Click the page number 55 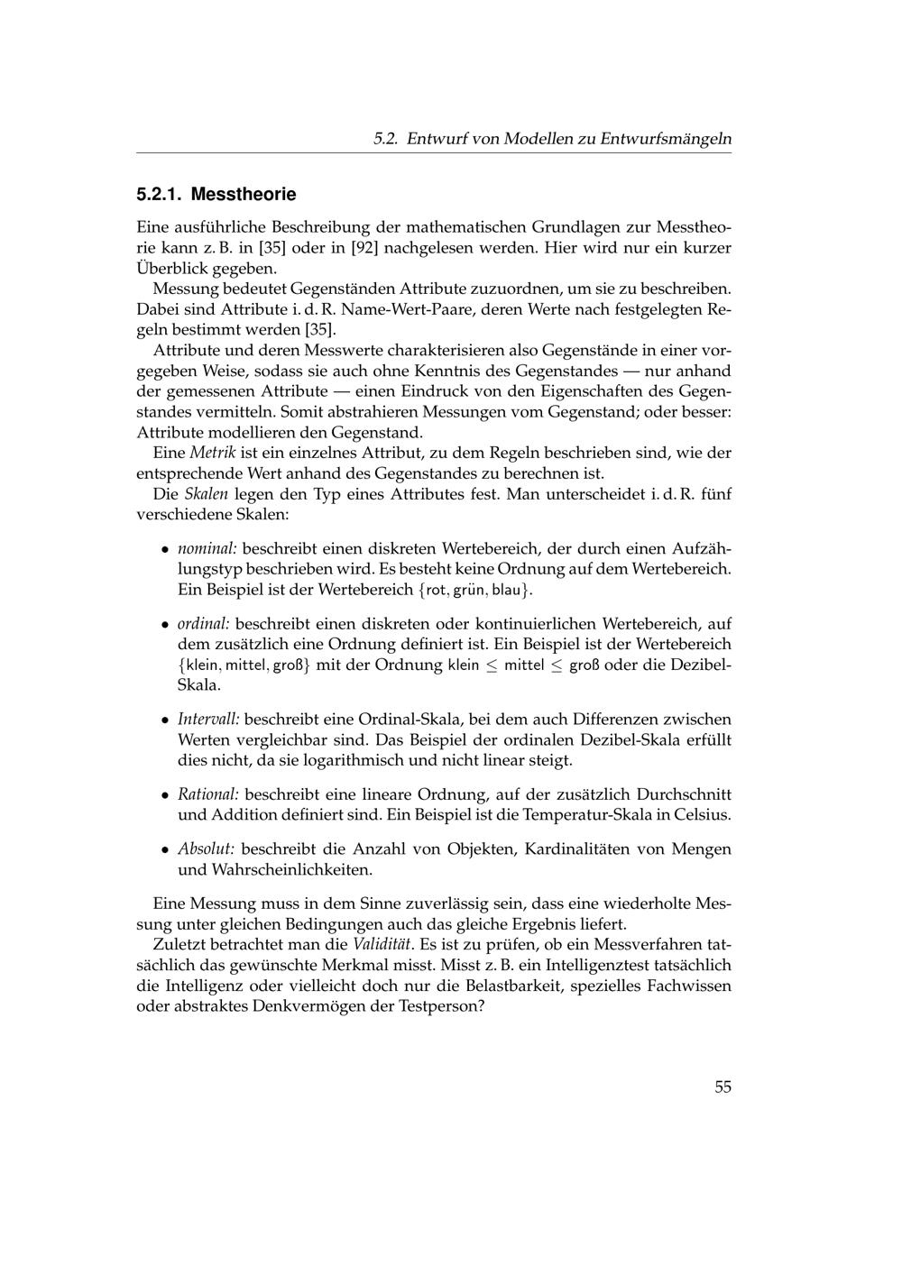coord(723,1087)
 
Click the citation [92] coord(356,247)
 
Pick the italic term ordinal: coord(203,624)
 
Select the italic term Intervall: coord(207,720)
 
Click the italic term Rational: coord(207,794)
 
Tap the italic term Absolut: coord(206,849)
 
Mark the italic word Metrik coord(212,453)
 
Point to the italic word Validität coord(382,945)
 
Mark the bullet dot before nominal coord(164,549)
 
